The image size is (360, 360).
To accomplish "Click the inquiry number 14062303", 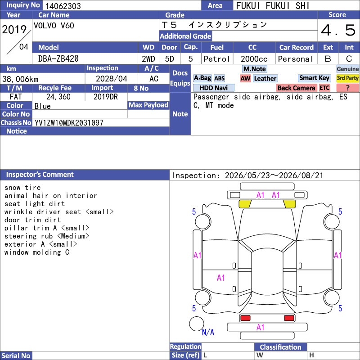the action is (63, 6).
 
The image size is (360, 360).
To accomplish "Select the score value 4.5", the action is (338, 30).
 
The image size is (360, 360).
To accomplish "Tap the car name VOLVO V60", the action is (54, 26).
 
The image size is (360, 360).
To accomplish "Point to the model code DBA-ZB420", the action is (58, 59).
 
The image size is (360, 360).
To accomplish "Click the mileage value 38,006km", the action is (20, 79).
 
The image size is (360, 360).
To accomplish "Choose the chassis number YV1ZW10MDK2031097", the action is (69, 123).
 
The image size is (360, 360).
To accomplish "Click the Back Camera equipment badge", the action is (296, 88).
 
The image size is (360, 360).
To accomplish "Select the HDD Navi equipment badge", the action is (213, 88).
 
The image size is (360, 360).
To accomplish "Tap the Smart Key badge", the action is (314, 78).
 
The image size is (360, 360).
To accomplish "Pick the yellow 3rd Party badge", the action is (347, 78).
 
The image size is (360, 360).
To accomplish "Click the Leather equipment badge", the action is (265, 78).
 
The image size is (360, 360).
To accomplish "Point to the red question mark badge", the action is (347, 88).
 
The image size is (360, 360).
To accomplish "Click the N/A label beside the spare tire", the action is (208, 332).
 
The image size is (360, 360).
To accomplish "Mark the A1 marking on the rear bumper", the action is (261, 328).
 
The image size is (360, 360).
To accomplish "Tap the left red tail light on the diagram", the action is (245, 318).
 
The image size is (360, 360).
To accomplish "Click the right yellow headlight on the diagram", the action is (289, 204).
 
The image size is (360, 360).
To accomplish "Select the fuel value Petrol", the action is (217, 59).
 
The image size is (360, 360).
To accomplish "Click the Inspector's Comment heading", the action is (40, 175).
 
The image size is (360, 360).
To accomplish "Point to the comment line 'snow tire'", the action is (22, 188).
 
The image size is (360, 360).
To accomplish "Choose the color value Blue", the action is (42, 106).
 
